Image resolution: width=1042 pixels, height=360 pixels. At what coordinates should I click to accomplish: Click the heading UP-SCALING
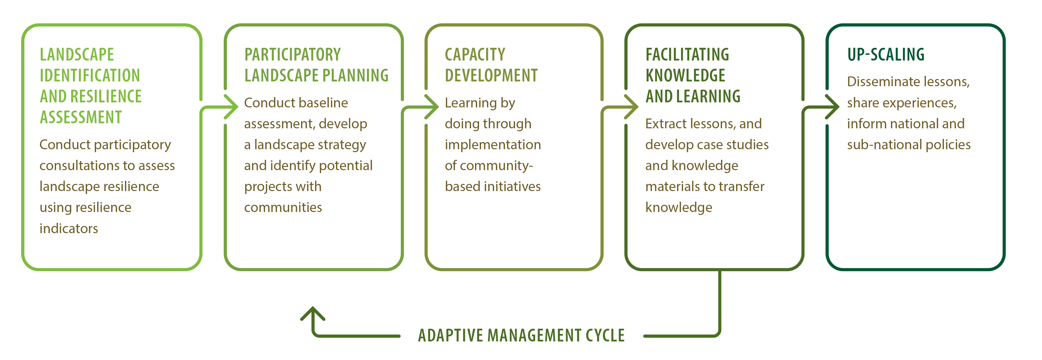886,54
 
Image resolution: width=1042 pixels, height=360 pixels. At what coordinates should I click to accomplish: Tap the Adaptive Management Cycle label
521,335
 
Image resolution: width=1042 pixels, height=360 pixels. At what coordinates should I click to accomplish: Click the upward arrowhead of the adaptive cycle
313,313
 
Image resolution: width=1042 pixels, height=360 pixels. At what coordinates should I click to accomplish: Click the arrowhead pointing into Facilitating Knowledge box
632,107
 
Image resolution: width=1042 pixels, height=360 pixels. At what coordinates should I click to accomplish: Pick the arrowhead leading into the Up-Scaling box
833,107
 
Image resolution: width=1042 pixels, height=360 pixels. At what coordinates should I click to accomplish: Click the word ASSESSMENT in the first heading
81,117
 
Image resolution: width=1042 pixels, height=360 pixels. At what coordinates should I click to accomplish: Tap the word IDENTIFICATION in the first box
90,75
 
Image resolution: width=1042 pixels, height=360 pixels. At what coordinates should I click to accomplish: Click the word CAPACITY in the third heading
475,54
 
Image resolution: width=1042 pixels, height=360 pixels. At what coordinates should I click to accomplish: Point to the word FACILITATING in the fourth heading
687,54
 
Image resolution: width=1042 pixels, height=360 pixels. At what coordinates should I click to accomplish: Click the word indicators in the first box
69,229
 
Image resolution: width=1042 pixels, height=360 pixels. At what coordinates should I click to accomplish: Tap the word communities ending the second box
283,208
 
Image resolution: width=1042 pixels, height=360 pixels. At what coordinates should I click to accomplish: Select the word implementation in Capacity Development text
493,145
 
